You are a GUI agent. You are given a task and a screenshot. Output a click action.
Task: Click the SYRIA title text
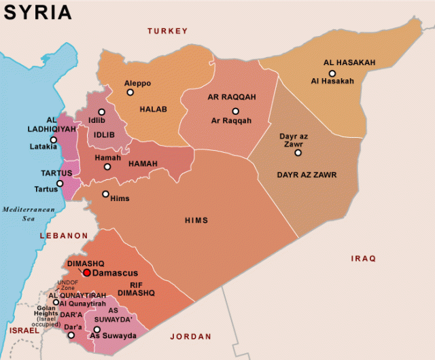(37, 12)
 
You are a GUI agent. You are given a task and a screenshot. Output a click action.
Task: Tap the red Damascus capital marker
(86, 272)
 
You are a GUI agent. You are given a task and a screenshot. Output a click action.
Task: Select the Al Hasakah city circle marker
(332, 73)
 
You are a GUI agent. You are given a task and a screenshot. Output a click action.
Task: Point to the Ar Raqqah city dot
(235, 111)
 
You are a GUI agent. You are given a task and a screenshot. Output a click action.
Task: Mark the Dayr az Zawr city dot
(297, 153)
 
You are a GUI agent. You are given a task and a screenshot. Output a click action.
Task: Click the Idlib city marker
(101, 112)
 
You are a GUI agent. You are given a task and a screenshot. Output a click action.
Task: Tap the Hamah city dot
(107, 166)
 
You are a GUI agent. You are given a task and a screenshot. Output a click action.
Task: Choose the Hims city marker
(105, 194)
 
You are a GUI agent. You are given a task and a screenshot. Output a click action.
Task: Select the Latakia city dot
(53, 139)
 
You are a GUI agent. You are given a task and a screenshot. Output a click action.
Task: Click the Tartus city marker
(60, 183)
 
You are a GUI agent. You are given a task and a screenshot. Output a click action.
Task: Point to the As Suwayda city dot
(97, 329)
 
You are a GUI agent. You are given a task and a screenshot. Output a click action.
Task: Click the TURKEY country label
(167, 31)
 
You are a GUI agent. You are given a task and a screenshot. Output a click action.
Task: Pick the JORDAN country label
(191, 336)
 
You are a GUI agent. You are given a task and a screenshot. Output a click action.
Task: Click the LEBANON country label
(60, 236)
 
